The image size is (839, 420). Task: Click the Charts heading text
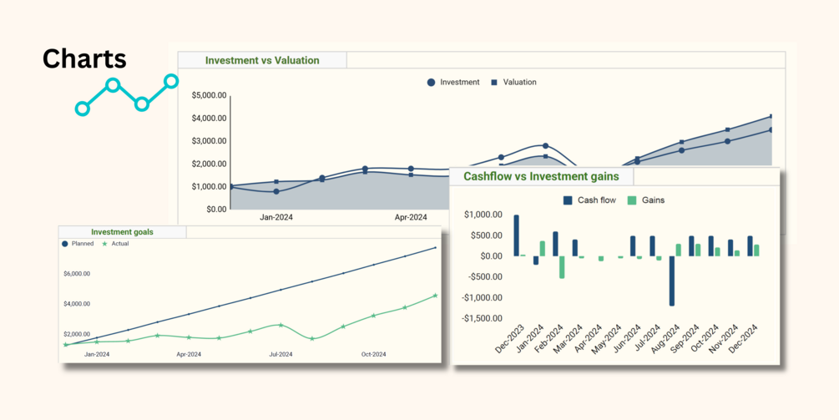tap(84, 58)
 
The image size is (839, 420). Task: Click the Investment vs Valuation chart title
tap(262, 60)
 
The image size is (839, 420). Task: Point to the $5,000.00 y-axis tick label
tap(209, 95)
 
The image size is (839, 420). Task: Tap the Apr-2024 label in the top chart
tap(411, 217)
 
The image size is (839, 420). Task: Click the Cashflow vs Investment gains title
tap(541, 176)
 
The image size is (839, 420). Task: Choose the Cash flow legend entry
tap(590, 200)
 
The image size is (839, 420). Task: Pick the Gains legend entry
tap(646, 200)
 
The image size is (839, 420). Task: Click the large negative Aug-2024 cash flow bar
tap(671, 281)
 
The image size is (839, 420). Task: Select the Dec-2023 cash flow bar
tap(517, 235)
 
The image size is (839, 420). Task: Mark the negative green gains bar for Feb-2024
tap(562, 266)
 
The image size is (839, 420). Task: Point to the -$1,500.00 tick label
tap(483, 318)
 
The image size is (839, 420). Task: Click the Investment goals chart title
tap(122, 232)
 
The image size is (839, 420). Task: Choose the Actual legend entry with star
tap(115, 244)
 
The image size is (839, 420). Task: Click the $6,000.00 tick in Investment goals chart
tap(76, 274)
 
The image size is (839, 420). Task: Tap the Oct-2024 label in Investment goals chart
tap(373, 354)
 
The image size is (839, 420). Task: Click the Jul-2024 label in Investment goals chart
tap(281, 354)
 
